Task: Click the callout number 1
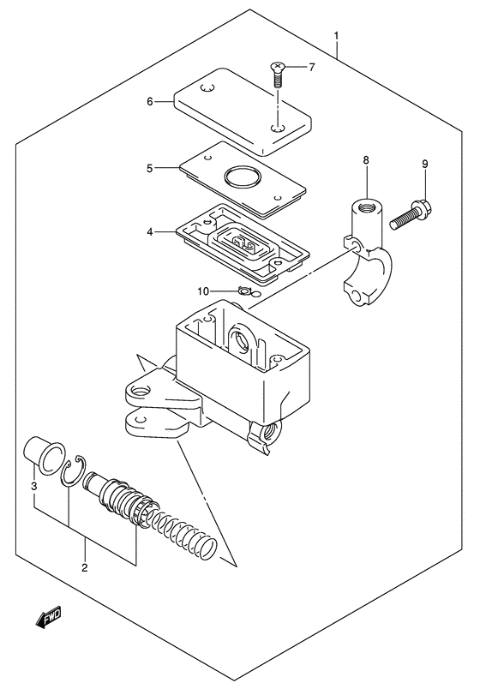click(336, 36)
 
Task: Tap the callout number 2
click(85, 567)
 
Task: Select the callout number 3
click(34, 487)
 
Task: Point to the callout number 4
click(150, 231)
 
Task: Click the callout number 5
click(149, 168)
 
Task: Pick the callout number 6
click(149, 102)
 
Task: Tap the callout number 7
click(312, 67)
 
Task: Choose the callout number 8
click(366, 160)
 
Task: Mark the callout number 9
click(424, 164)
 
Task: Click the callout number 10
click(203, 291)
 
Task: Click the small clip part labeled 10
click(243, 291)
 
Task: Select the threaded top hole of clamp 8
click(367, 205)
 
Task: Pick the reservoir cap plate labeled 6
click(243, 111)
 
